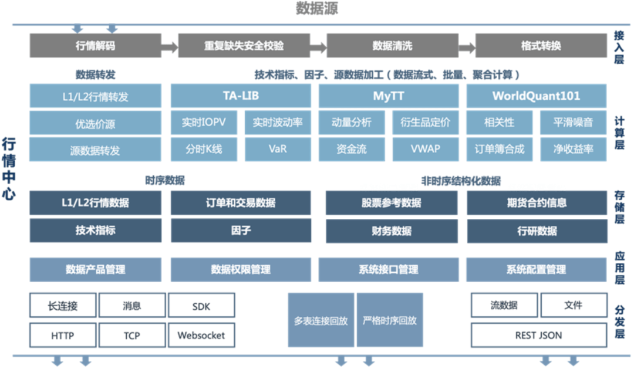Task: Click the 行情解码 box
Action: tap(95, 46)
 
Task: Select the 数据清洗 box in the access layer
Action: tap(392, 46)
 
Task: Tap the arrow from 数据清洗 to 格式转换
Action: tap(466, 46)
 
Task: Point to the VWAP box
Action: tap(425, 149)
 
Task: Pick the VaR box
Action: tap(278, 149)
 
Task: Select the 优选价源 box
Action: tap(95, 123)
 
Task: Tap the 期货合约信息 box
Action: tap(537, 203)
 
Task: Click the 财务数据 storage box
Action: tap(392, 231)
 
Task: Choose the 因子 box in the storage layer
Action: tap(241, 231)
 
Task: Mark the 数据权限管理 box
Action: tap(241, 270)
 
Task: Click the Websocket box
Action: tap(201, 336)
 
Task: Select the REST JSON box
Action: tap(538, 336)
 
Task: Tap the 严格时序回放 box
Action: tap(390, 321)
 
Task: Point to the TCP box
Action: tap(131, 336)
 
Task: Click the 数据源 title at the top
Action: tap(316, 9)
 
